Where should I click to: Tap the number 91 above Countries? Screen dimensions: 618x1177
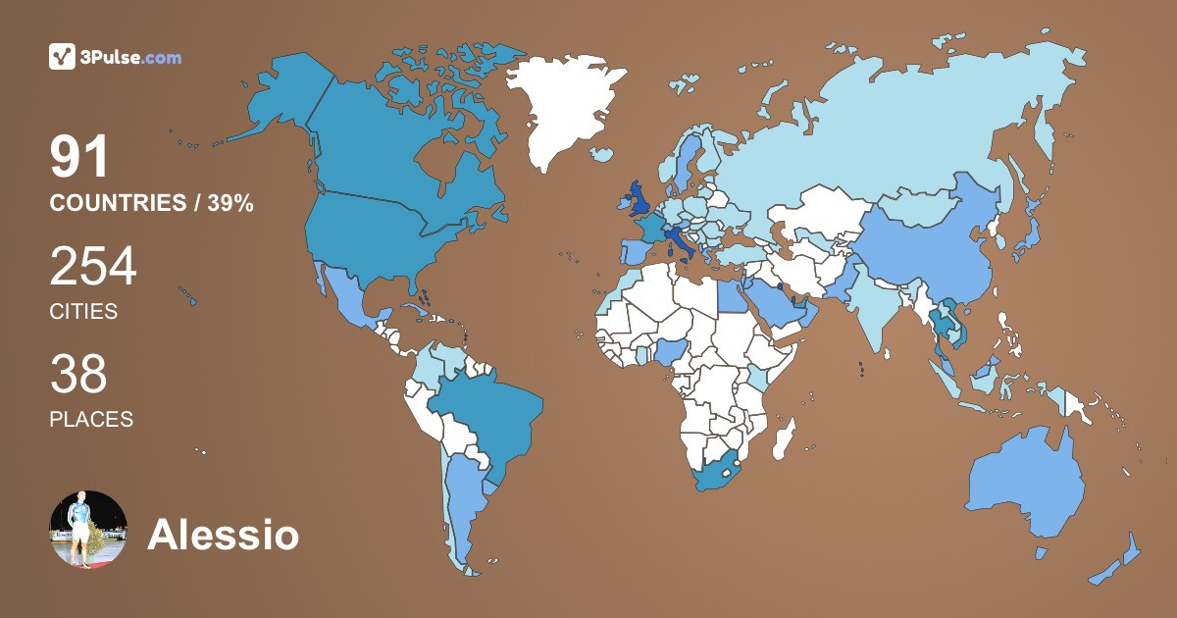(79, 158)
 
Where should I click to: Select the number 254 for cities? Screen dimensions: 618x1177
(93, 267)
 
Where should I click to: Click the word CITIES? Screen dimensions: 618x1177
(83, 312)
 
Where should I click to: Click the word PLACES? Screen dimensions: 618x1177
(91, 419)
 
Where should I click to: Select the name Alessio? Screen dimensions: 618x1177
(223, 536)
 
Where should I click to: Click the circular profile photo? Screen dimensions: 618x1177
(88, 530)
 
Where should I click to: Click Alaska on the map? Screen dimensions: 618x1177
(284, 98)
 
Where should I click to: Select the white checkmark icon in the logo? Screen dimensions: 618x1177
(63, 57)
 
